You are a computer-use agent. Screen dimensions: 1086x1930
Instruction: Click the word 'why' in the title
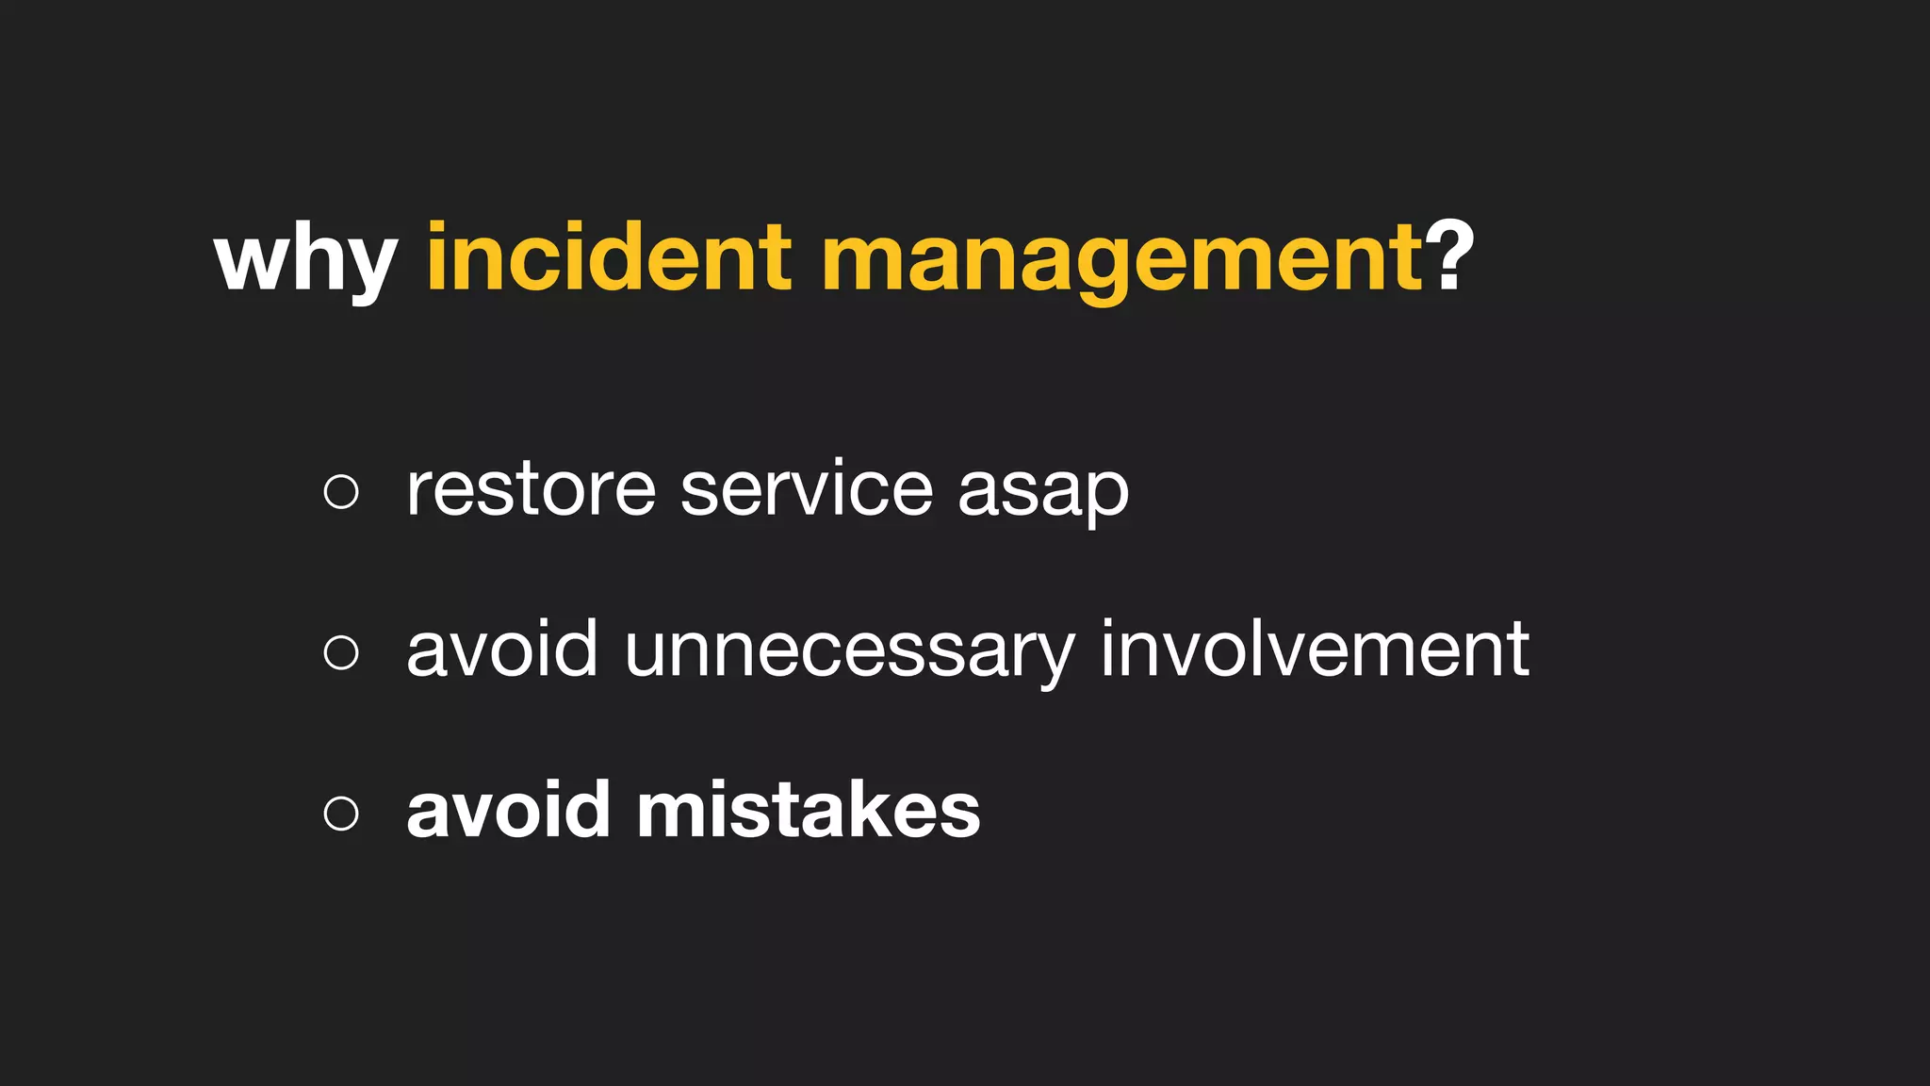click(305, 258)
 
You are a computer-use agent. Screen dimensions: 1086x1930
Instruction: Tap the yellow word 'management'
click(1121, 258)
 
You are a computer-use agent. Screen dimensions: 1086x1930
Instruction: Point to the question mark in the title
click(1452, 255)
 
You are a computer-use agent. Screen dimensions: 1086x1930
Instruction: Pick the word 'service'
click(807, 489)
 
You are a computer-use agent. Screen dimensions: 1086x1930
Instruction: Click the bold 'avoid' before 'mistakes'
click(508, 810)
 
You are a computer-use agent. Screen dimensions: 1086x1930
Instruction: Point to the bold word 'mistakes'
click(809, 810)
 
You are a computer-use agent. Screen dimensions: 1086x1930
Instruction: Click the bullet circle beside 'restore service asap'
click(341, 491)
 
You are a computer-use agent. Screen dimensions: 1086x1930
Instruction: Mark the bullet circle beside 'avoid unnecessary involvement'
click(341, 651)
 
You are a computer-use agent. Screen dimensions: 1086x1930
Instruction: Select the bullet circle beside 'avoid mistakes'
click(341, 813)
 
